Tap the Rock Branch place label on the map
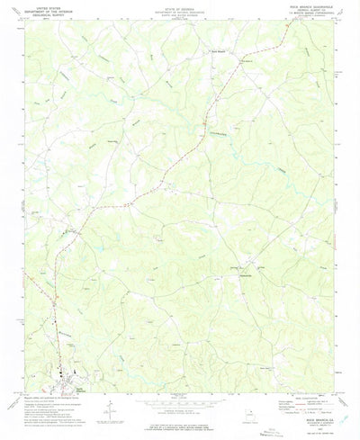(218, 52)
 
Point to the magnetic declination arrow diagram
(107, 409)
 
